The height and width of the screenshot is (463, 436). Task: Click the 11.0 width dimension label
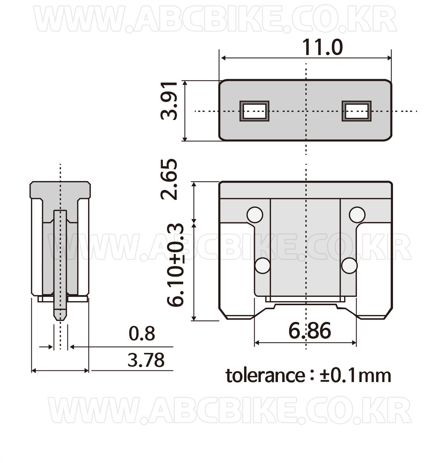(x=322, y=47)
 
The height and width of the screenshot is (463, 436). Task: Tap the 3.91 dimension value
(x=169, y=101)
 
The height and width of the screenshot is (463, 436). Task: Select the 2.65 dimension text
(x=169, y=179)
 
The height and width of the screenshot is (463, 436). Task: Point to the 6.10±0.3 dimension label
(x=175, y=265)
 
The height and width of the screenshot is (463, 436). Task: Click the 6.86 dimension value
(x=310, y=330)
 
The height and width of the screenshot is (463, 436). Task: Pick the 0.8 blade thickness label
(x=142, y=334)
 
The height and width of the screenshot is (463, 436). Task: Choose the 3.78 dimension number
(x=146, y=360)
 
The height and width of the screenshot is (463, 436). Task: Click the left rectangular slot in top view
(x=255, y=111)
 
